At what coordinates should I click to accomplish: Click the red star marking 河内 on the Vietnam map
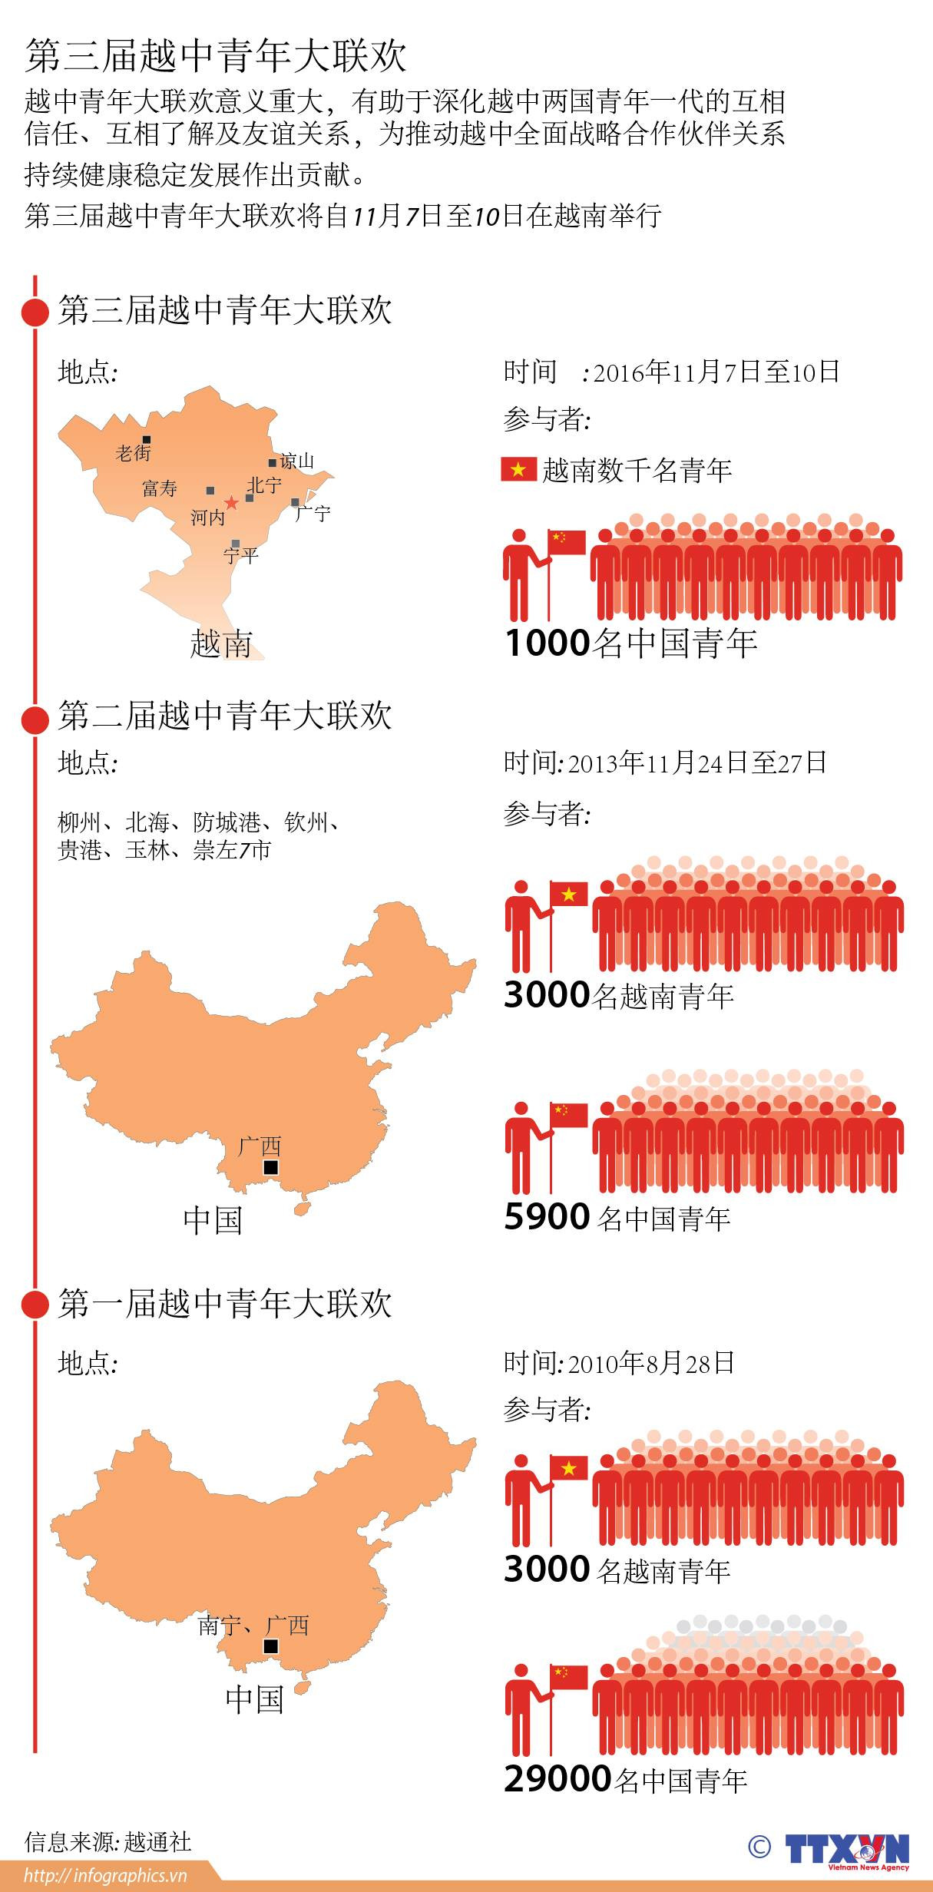coord(231,503)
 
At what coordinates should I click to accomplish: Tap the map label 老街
coord(133,454)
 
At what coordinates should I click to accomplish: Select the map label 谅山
coord(297,461)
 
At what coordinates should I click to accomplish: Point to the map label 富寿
coord(160,488)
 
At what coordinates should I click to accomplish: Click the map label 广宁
coord(313,513)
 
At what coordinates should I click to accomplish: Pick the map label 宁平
coord(241,554)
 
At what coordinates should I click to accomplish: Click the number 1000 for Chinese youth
coord(548,643)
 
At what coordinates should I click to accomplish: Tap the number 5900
coord(546,1217)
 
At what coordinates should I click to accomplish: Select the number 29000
coord(557,1778)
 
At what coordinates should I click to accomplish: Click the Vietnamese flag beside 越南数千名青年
coord(518,469)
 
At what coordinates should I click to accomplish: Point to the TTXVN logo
coord(846,1851)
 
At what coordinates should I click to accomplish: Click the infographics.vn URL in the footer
coord(105,1876)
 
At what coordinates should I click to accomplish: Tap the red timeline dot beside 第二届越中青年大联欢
coord(35,719)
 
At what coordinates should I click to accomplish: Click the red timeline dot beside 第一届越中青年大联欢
coord(35,1304)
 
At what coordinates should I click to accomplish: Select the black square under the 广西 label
coord(270,1168)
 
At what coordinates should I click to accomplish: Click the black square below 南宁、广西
coord(270,1646)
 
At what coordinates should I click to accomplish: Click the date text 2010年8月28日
coord(651,1363)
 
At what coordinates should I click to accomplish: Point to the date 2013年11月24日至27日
coord(696,762)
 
